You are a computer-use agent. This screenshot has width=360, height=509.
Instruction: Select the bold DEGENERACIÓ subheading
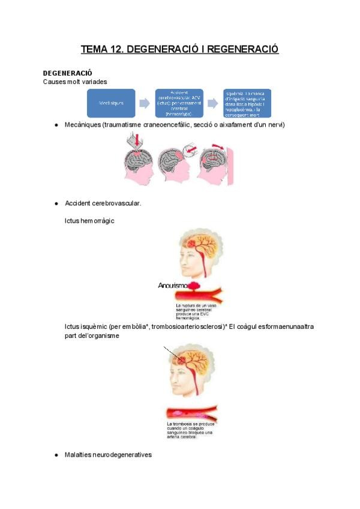coord(67,73)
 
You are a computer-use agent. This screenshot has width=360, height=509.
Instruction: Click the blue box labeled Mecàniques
coord(111,103)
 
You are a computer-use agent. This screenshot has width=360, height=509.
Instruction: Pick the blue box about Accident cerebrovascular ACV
coord(179,103)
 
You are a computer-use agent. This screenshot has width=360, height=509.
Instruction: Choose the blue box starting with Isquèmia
coord(247,103)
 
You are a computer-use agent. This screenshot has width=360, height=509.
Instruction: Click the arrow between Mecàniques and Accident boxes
coord(145,103)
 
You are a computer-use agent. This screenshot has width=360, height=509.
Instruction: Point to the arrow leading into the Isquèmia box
coord(212,103)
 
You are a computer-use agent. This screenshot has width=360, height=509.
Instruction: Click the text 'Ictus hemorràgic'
coord(89,221)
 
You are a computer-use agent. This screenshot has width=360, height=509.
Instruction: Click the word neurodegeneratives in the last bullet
coord(122,455)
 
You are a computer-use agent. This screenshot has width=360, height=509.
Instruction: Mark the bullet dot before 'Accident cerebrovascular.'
coord(56,203)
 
